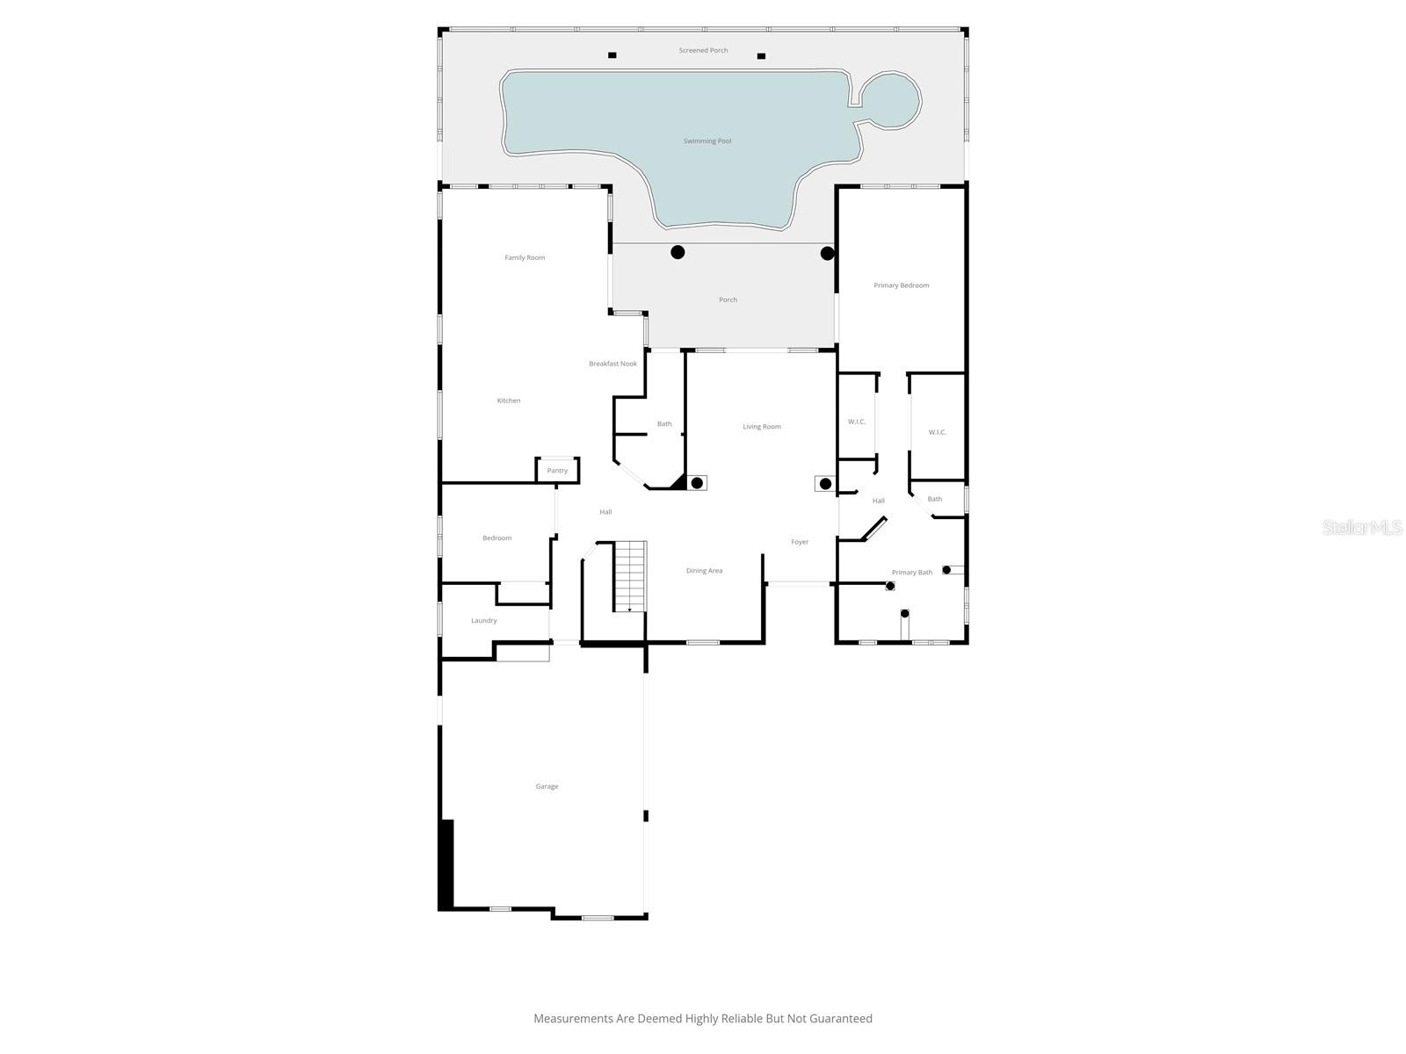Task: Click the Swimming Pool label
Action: [x=707, y=141]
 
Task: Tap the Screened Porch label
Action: [x=703, y=51]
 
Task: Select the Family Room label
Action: [x=525, y=258]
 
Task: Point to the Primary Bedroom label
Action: [x=901, y=285]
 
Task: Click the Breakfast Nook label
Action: [x=612, y=364]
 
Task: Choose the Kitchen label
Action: [x=509, y=401]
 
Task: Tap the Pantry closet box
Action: [x=557, y=471]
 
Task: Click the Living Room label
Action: [x=761, y=427]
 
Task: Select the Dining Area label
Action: [x=704, y=571]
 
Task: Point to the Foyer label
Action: [x=800, y=542]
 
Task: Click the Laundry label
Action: [x=484, y=621]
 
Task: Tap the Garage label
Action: [x=547, y=787]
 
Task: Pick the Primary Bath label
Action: [x=912, y=573]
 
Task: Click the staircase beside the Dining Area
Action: [x=629, y=576]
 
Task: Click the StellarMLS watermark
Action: [x=1361, y=527]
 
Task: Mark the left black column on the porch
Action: [x=678, y=252]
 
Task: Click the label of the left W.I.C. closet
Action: [x=857, y=422]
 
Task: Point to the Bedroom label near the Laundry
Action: [x=496, y=538]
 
